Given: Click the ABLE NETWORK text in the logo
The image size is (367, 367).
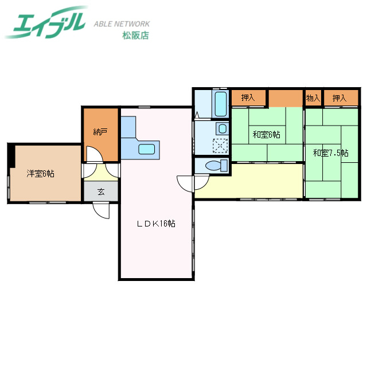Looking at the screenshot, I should tap(122, 24).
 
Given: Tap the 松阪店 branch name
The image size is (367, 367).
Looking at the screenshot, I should tap(135, 36).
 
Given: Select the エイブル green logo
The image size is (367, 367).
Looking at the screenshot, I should tap(48, 22).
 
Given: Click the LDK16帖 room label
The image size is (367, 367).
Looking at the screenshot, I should tap(155, 224).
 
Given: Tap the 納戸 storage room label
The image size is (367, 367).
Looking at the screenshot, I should tap(100, 132).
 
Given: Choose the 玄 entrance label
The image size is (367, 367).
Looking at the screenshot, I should tap(101, 192).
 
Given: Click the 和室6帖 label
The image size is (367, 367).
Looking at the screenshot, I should tap(266, 135).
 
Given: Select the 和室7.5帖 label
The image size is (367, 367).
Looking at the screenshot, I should tap(330, 153).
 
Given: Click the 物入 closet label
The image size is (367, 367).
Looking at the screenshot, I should tap(313, 99).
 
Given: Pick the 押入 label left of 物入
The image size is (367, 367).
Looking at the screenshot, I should tap(248, 99).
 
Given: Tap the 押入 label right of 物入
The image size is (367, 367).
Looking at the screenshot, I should tap(339, 99).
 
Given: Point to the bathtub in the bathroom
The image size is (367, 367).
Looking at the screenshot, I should tap(221, 103).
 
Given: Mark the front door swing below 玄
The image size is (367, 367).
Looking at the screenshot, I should tap(101, 210).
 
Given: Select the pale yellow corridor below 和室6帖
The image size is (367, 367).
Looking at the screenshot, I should tap(249, 181).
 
